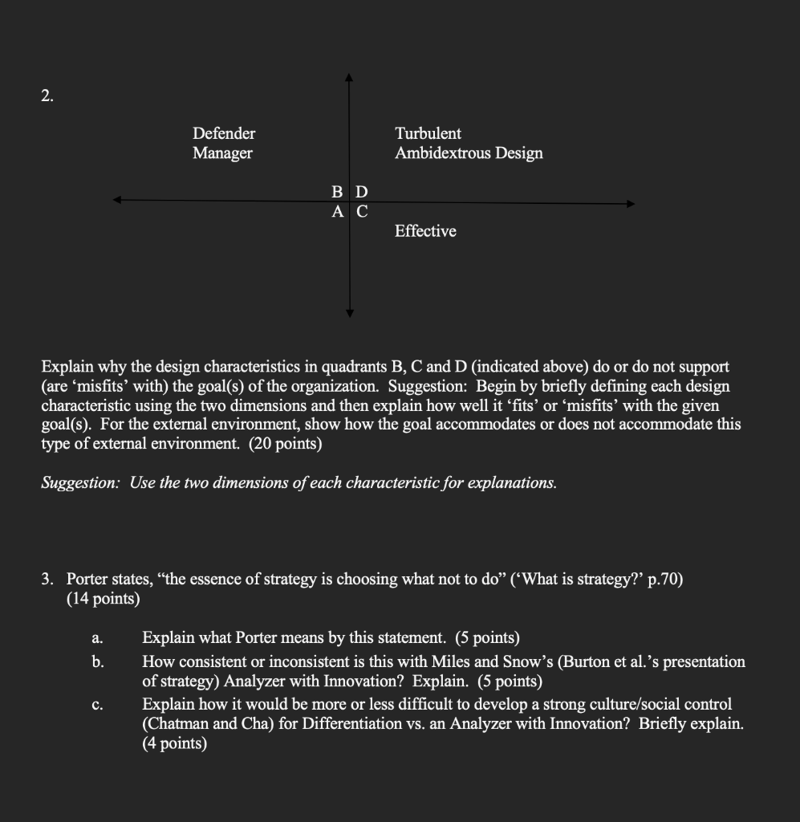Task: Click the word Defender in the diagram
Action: [224, 133]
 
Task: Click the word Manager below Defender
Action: [222, 153]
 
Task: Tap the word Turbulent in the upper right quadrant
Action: [428, 133]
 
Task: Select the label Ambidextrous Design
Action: [469, 153]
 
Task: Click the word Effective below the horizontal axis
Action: [425, 231]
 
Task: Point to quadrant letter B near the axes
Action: [338, 192]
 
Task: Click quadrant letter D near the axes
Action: [361, 192]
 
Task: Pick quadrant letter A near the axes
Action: [338, 212]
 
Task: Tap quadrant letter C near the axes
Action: [362, 212]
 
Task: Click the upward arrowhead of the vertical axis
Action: [349, 78]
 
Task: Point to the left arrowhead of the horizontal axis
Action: [117, 201]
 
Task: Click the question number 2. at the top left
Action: [48, 97]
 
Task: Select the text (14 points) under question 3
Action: [103, 598]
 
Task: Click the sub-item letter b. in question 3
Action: [97, 662]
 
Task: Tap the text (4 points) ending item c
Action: [174, 744]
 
